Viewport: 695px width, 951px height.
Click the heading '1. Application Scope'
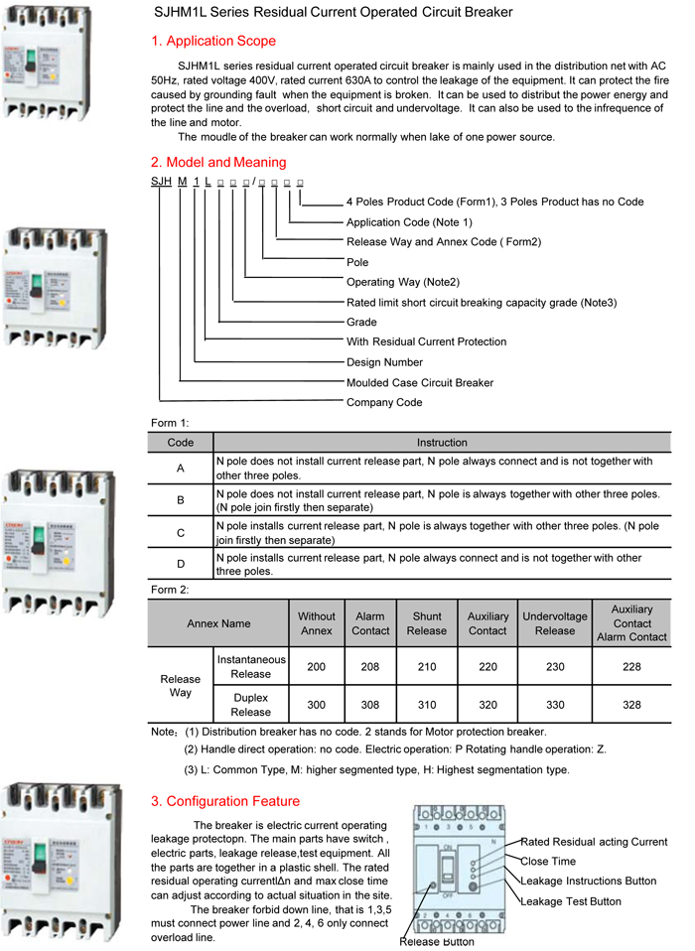click(213, 42)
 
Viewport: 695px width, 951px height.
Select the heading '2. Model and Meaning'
click(218, 162)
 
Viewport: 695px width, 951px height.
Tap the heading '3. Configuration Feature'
click(224, 801)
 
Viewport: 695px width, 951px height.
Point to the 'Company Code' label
click(384, 402)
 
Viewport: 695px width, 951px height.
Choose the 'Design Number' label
click(384, 362)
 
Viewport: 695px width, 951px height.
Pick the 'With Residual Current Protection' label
click(426, 341)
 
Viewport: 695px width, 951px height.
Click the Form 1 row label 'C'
click(181, 533)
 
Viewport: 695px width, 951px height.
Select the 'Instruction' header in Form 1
click(442, 443)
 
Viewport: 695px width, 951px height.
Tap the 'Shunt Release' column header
click(427, 623)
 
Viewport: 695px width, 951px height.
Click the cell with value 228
click(631, 667)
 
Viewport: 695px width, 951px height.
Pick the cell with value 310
click(427, 705)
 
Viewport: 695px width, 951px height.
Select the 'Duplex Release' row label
click(250, 705)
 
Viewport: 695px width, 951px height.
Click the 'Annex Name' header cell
click(218, 623)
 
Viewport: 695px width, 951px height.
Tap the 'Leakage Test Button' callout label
click(571, 901)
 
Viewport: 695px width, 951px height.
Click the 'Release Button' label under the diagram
click(437, 942)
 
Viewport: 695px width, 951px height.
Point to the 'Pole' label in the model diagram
click(357, 262)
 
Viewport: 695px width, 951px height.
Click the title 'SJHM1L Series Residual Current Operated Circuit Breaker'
click(333, 13)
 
